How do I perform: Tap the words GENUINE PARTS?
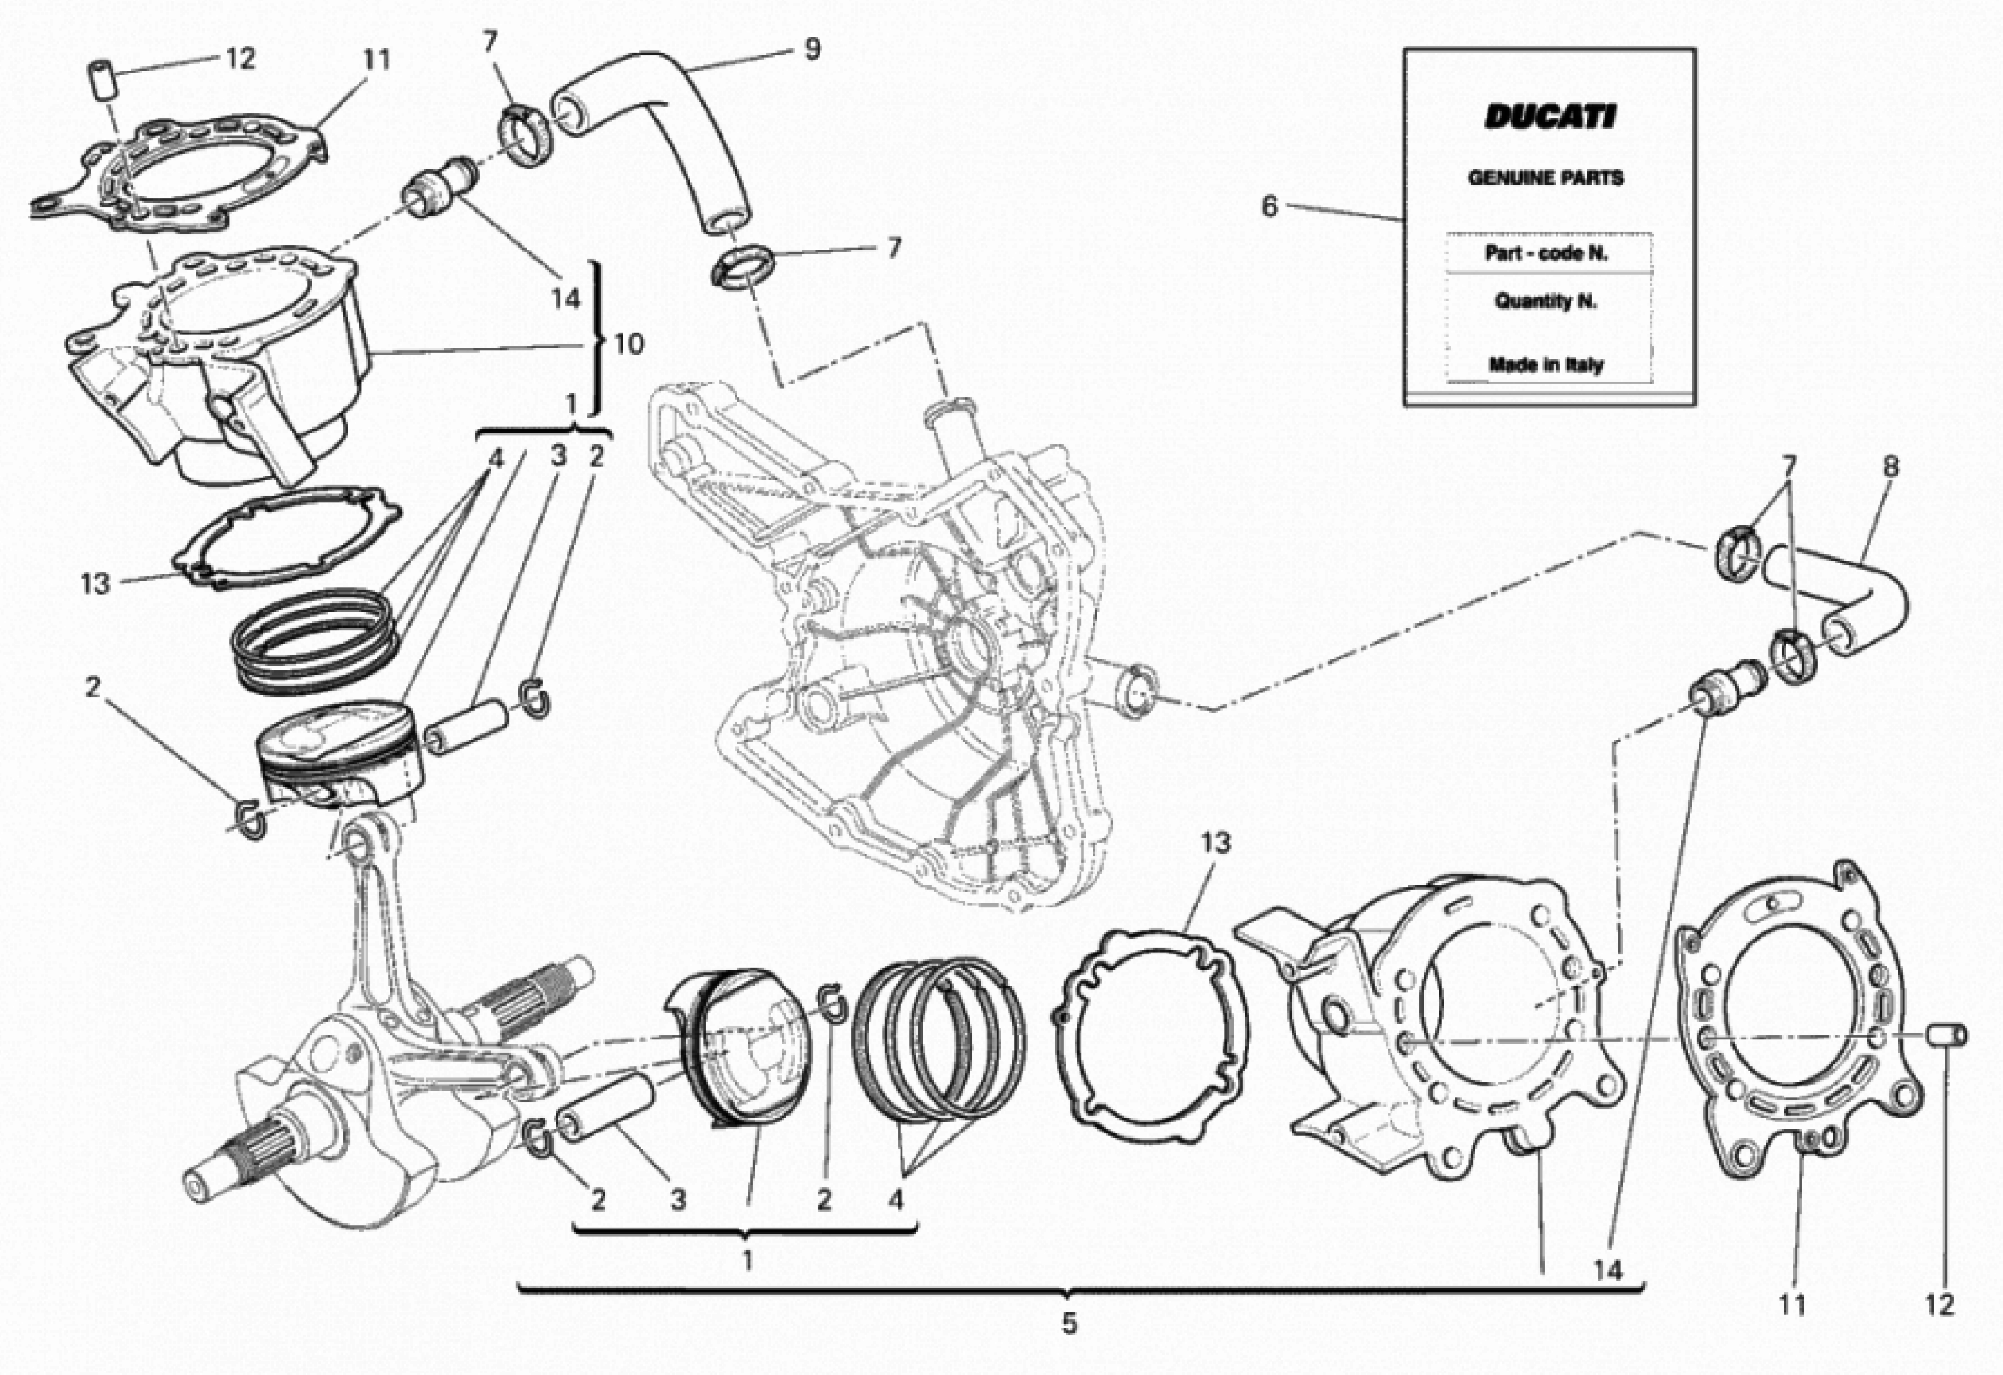1545,178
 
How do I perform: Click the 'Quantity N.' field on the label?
1545,301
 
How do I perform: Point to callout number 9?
812,49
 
